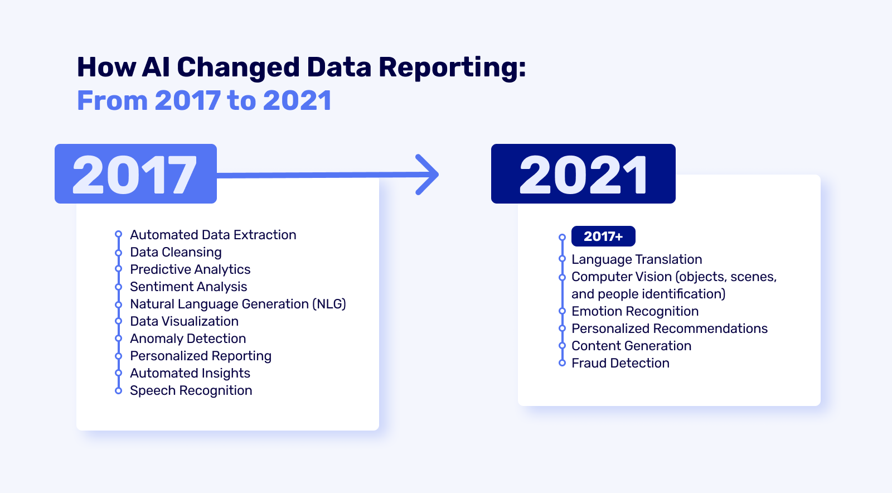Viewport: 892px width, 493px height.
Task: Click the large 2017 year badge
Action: (136, 173)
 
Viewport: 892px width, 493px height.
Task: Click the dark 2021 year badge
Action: (583, 173)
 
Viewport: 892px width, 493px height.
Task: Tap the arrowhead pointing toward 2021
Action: (428, 175)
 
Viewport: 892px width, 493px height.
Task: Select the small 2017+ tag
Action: (603, 236)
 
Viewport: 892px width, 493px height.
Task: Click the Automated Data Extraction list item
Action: (213, 235)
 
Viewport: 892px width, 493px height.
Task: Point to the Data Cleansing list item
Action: (176, 252)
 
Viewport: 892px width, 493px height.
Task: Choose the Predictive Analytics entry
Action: (190, 269)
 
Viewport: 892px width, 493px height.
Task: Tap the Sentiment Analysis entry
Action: (188, 287)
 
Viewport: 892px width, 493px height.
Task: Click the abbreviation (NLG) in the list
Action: (329, 304)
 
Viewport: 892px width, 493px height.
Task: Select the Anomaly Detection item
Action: (188, 339)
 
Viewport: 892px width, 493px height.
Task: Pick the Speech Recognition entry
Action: (191, 390)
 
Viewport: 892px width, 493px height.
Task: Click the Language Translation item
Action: (637, 259)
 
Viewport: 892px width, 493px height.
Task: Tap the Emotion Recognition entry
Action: (635, 311)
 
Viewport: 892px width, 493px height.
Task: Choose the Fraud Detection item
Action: (620, 363)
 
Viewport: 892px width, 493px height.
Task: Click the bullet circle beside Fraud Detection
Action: (563, 363)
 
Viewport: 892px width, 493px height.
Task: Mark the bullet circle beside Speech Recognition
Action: (118, 390)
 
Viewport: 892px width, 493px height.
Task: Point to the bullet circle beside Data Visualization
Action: (118, 321)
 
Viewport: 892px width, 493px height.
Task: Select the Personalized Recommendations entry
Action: (670, 328)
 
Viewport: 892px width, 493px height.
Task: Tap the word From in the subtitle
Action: (112, 100)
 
